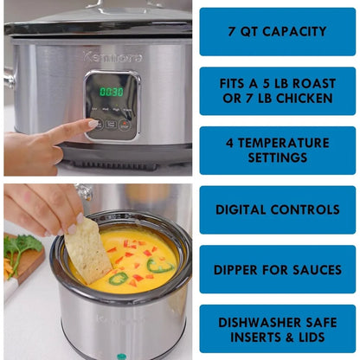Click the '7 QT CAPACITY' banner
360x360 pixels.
click(277, 32)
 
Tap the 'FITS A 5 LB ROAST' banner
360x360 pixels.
click(277, 91)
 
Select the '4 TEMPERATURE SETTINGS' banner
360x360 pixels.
click(277, 151)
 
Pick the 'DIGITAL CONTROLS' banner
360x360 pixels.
click(277, 209)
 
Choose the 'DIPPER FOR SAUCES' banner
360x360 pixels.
click(277, 269)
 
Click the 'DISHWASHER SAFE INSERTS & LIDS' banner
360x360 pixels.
click(277, 329)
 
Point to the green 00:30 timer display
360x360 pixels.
click(111, 91)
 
